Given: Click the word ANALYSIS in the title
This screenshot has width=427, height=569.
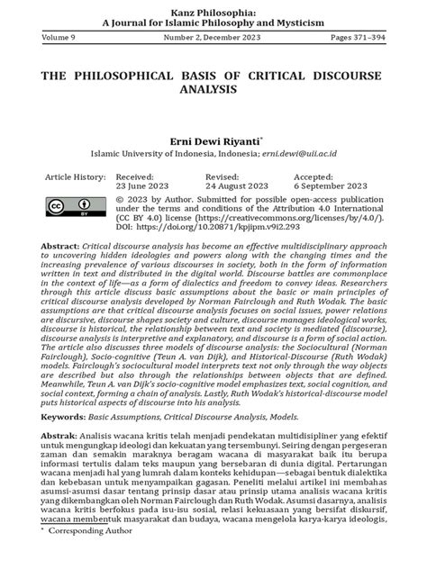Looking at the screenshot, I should pyautogui.click(x=213, y=90).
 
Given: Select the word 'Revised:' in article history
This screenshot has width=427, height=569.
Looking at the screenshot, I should pyautogui.click(x=223, y=177).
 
